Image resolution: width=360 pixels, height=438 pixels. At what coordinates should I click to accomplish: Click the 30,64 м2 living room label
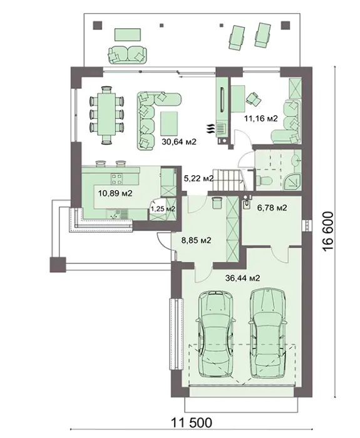click(179, 142)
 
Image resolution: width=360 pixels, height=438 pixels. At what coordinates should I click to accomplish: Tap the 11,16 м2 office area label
click(261, 118)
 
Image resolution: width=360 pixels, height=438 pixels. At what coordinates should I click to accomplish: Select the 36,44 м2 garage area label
click(242, 278)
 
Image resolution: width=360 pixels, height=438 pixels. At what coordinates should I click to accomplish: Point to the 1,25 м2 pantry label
click(163, 208)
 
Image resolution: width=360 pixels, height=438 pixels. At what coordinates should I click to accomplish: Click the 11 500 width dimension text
click(192, 422)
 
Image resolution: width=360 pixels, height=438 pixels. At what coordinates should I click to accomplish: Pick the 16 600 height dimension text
click(328, 231)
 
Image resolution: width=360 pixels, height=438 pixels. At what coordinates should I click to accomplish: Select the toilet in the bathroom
click(263, 180)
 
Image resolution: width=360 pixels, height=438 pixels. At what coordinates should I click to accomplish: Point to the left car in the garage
click(215, 334)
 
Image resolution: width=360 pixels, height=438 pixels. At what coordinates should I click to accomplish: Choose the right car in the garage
click(268, 333)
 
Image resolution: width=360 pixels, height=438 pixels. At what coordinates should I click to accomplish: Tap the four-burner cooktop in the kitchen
click(117, 179)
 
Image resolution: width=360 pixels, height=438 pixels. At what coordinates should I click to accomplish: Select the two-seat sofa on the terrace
click(127, 54)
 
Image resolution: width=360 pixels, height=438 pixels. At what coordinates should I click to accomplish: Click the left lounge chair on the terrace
click(237, 37)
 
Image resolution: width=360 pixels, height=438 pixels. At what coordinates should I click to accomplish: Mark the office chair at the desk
click(253, 99)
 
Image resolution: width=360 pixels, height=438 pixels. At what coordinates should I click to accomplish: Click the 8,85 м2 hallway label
click(196, 240)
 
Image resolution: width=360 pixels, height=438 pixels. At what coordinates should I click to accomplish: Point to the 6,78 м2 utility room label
click(272, 208)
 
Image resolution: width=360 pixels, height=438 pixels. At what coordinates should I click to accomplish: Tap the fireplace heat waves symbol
click(210, 130)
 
